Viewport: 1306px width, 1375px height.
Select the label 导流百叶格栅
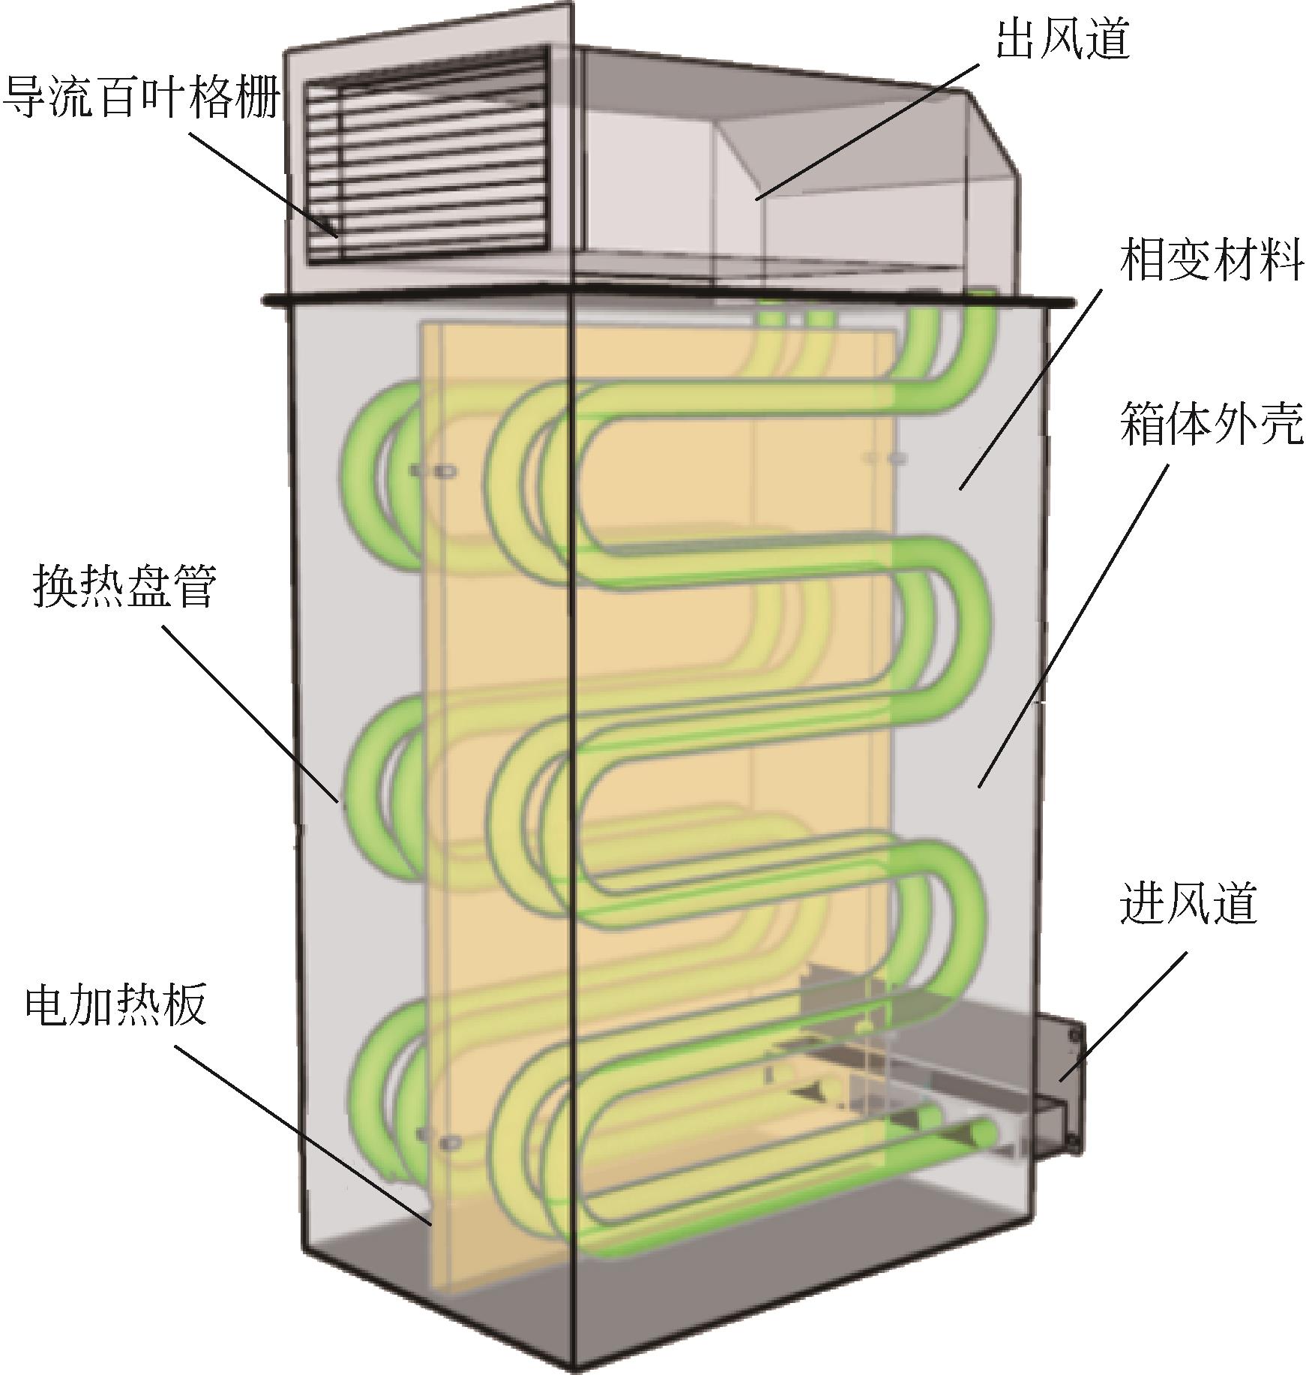(x=141, y=99)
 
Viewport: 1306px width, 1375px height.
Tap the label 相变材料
(x=1212, y=260)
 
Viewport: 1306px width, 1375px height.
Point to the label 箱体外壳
(x=1212, y=423)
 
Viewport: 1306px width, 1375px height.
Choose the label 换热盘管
(x=124, y=586)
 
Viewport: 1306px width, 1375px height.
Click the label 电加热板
(x=115, y=1004)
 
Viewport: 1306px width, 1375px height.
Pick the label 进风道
(x=1188, y=902)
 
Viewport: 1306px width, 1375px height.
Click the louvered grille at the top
(x=427, y=155)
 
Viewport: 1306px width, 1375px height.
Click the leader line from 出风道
(x=867, y=131)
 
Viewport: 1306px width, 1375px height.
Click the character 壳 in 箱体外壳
(x=1281, y=423)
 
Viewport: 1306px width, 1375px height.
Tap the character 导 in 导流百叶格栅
(x=25, y=99)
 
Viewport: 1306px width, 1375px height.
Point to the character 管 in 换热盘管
(x=193, y=586)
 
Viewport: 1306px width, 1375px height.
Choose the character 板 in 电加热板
(x=184, y=1004)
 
